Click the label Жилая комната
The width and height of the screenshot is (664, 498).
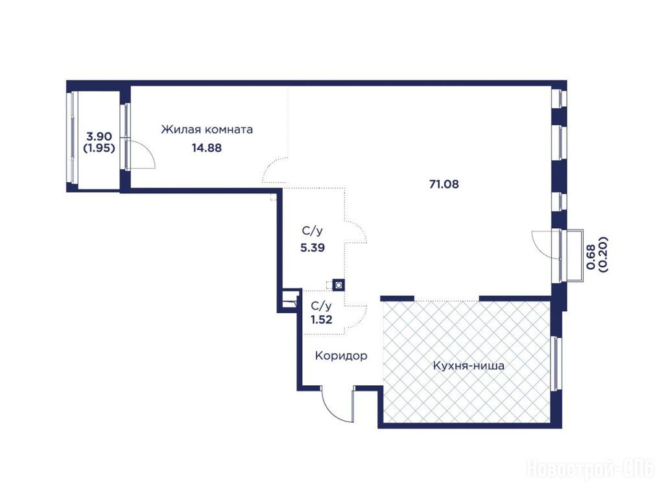[207, 129]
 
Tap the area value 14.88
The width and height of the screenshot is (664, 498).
[207, 148]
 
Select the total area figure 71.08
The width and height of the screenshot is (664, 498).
[444, 184]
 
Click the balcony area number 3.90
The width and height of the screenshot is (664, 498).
[99, 136]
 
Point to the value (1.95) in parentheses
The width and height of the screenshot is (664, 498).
[99, 148]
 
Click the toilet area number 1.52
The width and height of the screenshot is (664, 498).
[322, 320]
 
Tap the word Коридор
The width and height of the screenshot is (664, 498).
[341, 356]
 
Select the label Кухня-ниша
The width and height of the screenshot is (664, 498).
[468, 366]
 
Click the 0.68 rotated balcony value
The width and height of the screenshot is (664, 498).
[591, 257]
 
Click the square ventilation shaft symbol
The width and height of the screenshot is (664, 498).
[338, 285]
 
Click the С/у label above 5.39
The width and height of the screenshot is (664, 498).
[313, 231]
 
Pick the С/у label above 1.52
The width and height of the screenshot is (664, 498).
[322, 306]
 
